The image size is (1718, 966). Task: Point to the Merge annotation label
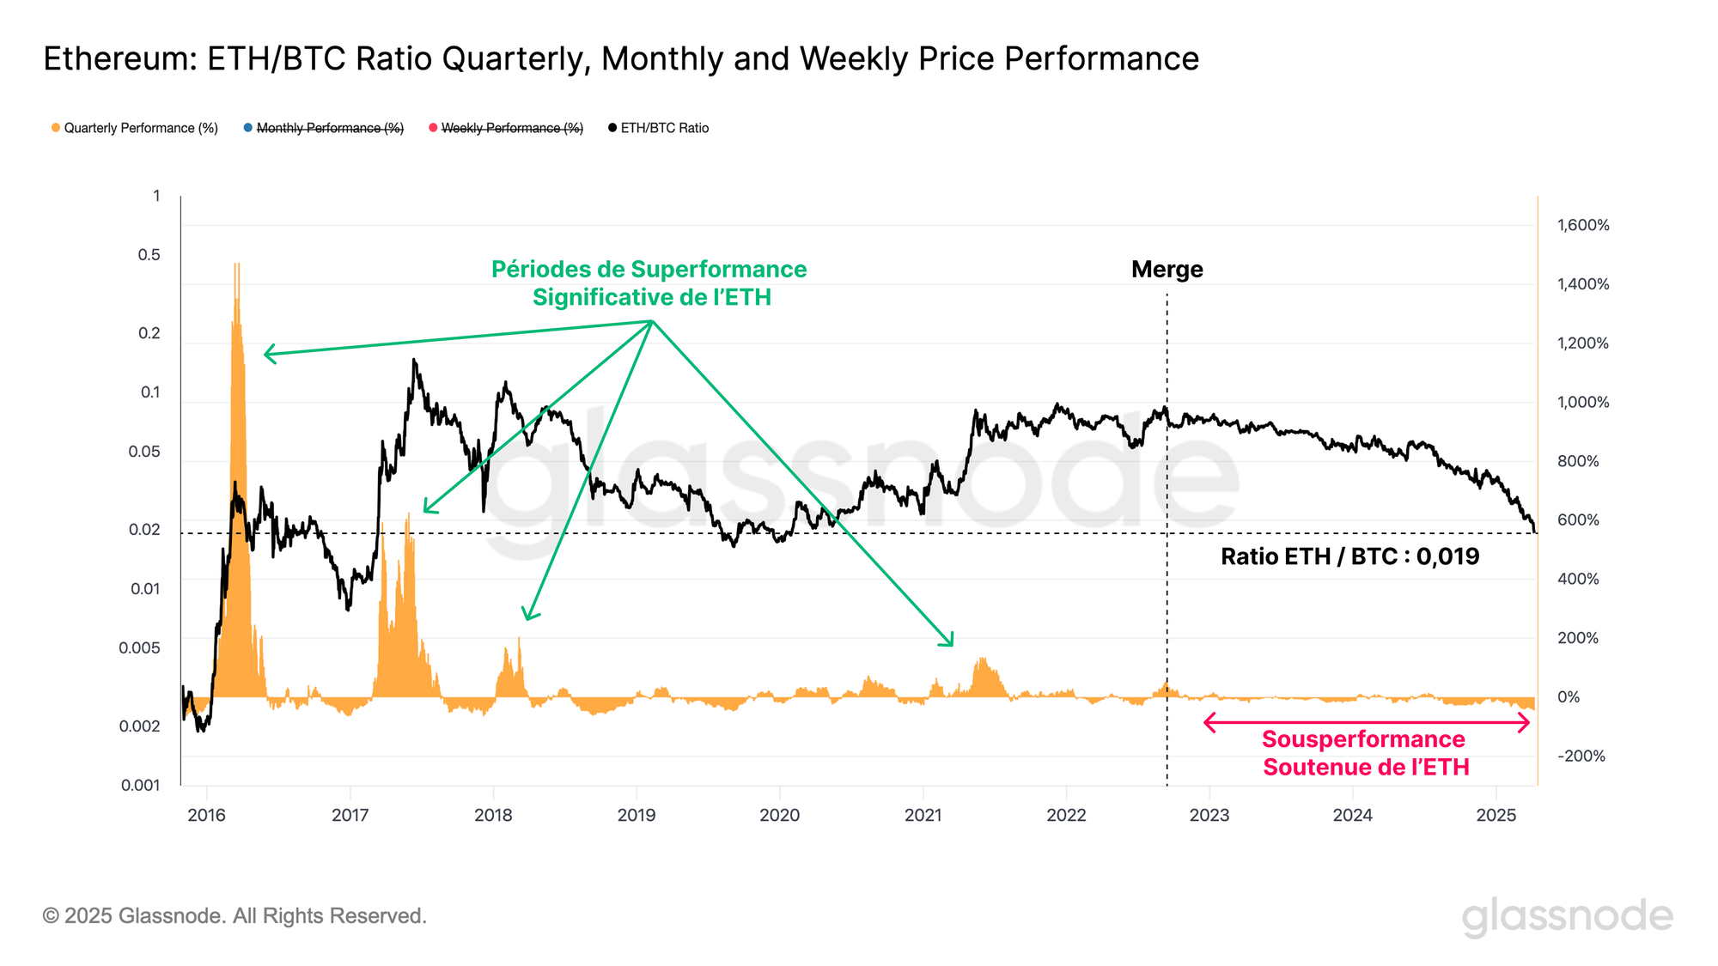coord(1167,270)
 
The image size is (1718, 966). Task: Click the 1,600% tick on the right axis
coord(1582,226)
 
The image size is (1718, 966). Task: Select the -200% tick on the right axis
coord(1581,756)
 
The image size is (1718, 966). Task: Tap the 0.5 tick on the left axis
coord(149,255)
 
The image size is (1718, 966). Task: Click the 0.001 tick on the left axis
coord(140,785)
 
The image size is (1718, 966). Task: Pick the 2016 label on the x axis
coord(206,816)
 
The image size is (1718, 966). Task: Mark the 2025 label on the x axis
coord(1496,816)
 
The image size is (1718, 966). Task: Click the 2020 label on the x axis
coord(779,816)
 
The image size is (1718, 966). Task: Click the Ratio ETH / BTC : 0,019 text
coord(1349,556)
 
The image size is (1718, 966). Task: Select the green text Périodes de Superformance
coord(649,270)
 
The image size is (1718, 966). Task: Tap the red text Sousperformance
coord(1363,739)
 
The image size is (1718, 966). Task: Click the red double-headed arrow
coord(1367,723)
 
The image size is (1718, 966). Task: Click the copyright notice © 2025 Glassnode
coord(235,916)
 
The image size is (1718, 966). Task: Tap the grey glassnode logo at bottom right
coord(1567,916)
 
